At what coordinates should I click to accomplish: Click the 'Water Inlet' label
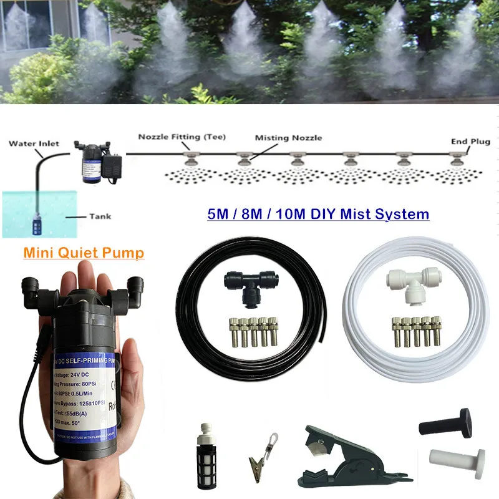click(x=34, y=143)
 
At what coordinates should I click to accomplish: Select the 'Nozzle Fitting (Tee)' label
click(x=182, y=137)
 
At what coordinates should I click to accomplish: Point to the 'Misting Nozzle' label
click(x=288, y=138)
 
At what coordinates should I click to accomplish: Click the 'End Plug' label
click(x=468, y=142)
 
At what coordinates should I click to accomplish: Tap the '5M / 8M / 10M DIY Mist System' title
click(x=318, y=215)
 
